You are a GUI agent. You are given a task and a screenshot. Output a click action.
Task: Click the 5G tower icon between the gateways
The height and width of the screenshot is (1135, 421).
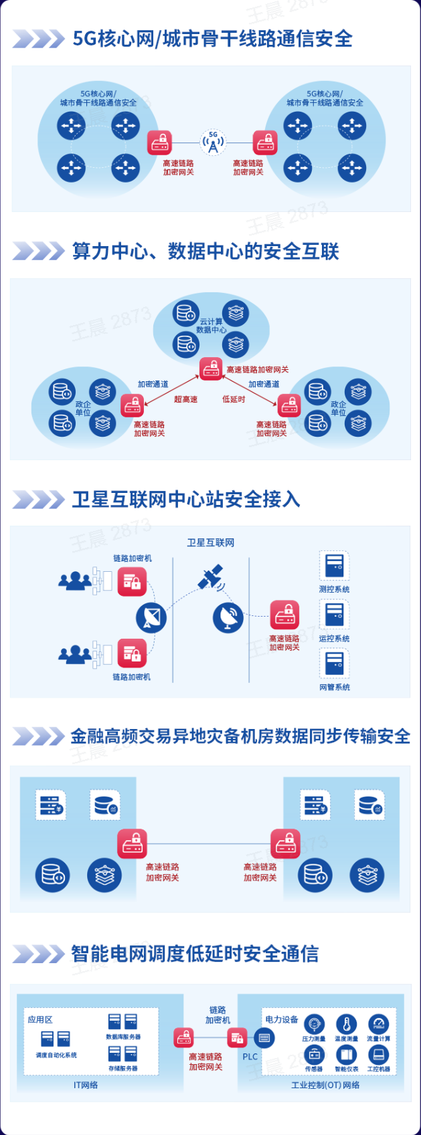[213, 142]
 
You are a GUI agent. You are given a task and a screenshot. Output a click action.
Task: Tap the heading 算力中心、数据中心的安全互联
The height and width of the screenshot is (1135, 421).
[205, 251]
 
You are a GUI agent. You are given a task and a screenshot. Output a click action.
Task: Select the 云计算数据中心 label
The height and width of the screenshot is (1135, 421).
[211, 326]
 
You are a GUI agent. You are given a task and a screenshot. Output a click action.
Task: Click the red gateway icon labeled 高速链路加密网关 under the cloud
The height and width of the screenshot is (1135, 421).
[212, 369]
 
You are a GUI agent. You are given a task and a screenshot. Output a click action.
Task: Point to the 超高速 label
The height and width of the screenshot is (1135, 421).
[185, 399]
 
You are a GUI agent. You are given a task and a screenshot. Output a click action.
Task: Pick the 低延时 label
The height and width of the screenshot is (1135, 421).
[234, 399]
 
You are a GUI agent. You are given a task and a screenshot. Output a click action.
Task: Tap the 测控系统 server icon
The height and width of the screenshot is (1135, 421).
[334, 566]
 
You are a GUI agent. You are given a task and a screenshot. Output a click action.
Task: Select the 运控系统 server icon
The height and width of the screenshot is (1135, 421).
[334, 615]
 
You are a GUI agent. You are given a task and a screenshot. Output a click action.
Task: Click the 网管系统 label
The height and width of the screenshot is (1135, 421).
[335, 688]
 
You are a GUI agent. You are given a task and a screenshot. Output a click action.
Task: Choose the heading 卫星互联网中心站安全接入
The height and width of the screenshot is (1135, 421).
[186, 500]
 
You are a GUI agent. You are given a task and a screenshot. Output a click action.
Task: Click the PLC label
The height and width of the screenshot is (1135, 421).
[250, 1057]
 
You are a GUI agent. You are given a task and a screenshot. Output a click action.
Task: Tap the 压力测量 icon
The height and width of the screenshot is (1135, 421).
[314, 1024]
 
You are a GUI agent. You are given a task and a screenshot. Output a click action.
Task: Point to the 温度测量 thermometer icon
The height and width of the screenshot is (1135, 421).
[346, 1024]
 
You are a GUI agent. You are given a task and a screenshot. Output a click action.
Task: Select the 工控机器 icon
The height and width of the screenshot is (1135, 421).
[378, 1055]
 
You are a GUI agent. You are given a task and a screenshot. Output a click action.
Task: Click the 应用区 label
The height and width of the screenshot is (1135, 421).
[40, 1020]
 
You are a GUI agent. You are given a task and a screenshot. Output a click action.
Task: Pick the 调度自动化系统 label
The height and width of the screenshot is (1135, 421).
[56, 1055]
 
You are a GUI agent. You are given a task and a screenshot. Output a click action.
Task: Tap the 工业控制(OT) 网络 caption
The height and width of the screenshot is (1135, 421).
[325, 1085]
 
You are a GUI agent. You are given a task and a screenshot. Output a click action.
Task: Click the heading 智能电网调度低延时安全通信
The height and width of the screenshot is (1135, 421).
[195, 954]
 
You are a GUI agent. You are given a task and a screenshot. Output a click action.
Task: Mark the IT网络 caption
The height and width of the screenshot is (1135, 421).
[86, 1085]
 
